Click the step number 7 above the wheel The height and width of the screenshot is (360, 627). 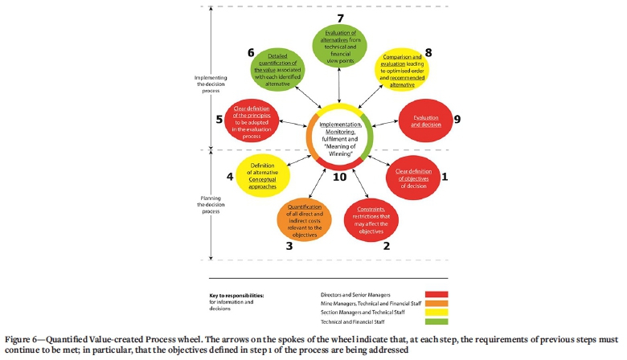click(x=340, y=16)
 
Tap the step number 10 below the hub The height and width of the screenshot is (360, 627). click(x=340, y=176)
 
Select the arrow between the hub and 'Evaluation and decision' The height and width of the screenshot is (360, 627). click(x=385, y=121)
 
